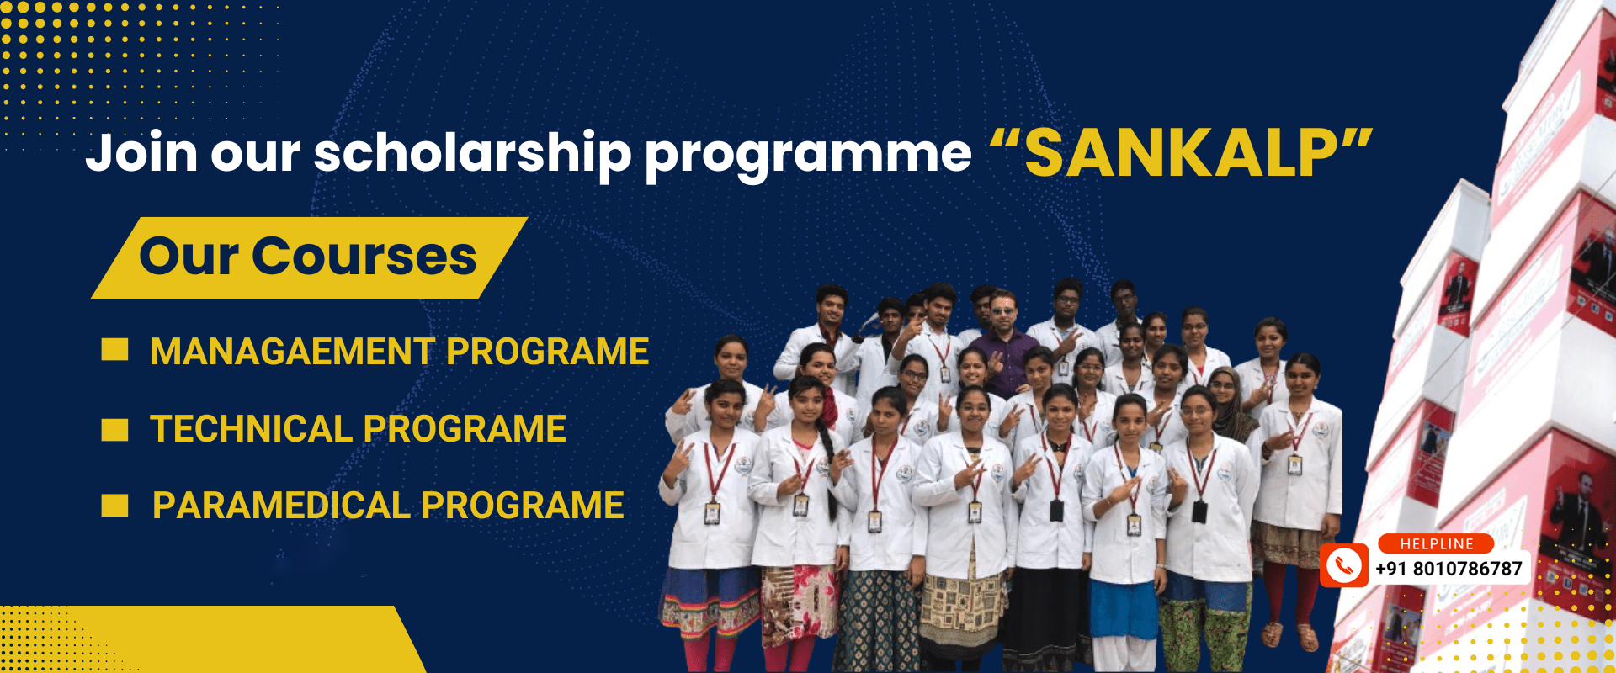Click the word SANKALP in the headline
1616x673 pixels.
[x=1181, y=154]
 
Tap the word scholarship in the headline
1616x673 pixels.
[x=472, y=155]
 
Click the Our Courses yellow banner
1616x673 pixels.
[x=309, y=257]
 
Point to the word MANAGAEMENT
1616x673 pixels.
[x=292, y=352]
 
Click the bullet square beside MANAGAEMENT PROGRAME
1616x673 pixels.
[x=114, y=350]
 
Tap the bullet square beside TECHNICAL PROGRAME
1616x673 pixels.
[x=114, y=429]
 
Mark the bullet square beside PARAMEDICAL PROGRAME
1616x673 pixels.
[x=114, y=506]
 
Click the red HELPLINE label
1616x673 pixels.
[x=1436, y=544]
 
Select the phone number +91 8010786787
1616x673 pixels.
[x=1449, y=569]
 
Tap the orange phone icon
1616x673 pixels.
[x=1343, y=564]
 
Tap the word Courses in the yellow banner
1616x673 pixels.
[x=364, y=256]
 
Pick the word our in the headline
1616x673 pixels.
[x=255, y=156]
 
